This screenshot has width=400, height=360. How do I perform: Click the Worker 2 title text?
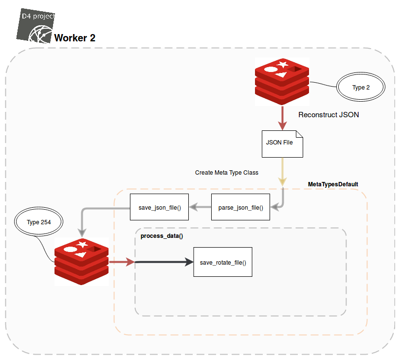coord(74,38)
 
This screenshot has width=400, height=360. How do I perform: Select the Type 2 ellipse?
coord(361,88)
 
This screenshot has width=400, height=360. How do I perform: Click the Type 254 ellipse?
coord(39,222)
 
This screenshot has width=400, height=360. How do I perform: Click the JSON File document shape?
coord(282,144)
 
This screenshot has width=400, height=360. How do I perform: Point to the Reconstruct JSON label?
coord(328,115)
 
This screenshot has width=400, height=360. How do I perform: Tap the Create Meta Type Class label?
coord(227,173)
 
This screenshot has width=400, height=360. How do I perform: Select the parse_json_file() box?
coord(240,208)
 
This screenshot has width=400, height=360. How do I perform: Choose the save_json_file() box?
coord(159,208)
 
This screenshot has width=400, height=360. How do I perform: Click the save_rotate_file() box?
coord(223,262)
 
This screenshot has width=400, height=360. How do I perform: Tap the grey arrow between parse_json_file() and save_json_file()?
coord(200,208)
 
